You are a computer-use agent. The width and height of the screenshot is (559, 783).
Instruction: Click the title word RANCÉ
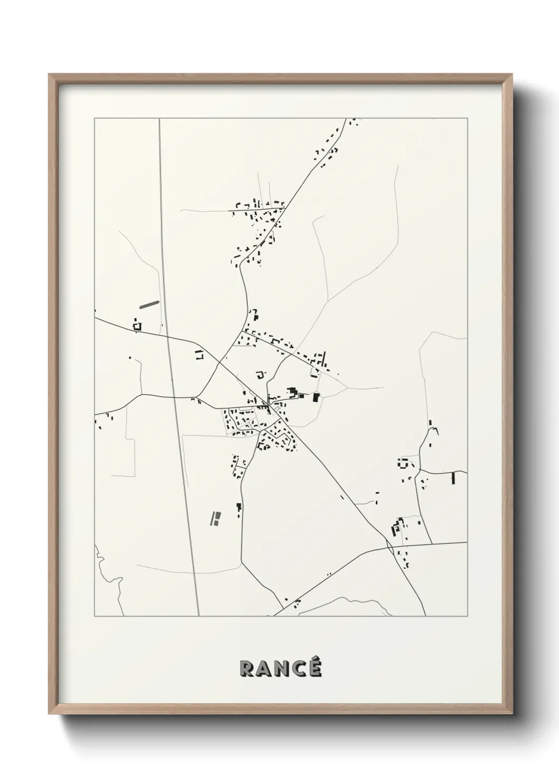(281, 668)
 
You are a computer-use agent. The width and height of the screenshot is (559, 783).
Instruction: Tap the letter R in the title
(247, 669)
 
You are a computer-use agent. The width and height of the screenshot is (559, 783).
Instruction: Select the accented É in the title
(314, 667)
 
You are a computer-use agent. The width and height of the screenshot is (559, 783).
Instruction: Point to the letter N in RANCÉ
(281, 669)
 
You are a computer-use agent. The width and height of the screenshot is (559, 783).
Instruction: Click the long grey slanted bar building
(148, 304)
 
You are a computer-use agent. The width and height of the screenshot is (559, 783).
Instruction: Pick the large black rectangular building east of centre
(316, 397)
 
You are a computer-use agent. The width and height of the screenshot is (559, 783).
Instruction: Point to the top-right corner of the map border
(467, 119)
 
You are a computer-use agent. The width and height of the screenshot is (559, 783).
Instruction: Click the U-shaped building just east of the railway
(199, 354)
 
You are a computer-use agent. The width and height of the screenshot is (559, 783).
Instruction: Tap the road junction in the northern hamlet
(284, 208)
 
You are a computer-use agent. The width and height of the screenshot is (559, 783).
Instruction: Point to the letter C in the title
(297, 669)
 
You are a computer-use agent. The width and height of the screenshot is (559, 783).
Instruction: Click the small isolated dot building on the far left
(129, 358)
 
